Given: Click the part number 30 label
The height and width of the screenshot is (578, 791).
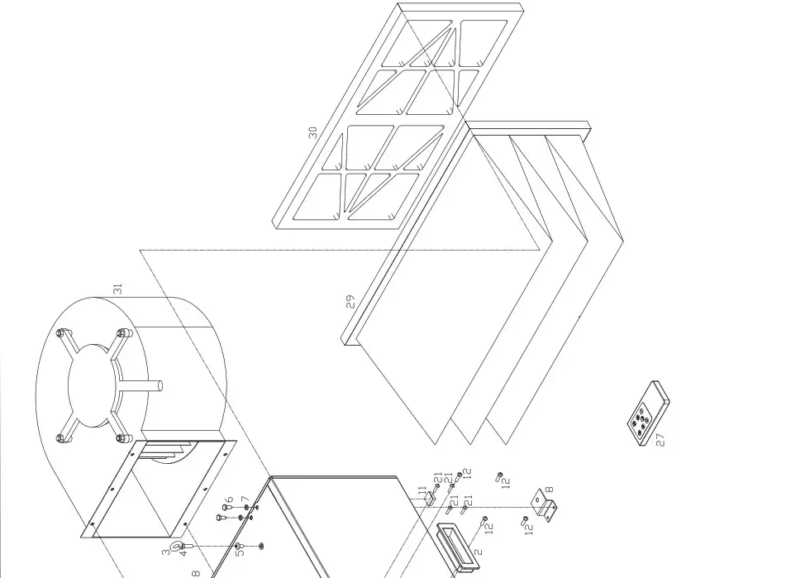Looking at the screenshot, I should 312,132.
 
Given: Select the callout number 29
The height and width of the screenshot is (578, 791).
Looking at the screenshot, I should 351,302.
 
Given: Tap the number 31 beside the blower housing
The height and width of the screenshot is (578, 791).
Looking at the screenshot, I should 118,289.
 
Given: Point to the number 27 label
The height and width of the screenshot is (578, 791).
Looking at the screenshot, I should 660,439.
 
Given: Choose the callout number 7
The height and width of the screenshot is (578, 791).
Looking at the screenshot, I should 245,501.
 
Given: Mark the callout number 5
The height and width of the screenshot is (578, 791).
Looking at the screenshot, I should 239,552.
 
